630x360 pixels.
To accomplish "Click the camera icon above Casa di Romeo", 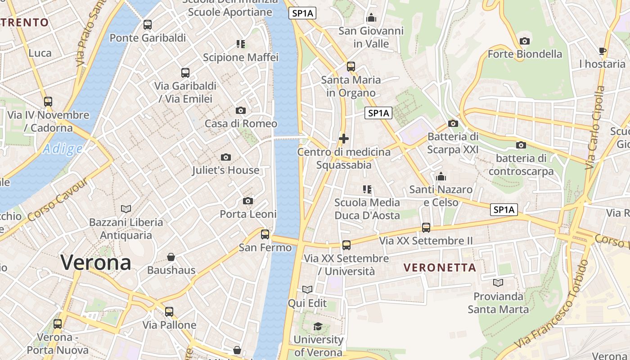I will tap(241, 111).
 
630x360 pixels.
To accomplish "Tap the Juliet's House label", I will tap(225, 170).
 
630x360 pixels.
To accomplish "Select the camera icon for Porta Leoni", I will tap(248, 201).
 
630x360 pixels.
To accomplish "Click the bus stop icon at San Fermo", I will tap(265, 234).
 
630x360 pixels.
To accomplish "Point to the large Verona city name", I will tap(96, 262).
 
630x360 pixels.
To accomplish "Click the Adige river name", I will tap(63, 149).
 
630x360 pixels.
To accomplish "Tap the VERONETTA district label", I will tap(439, 268).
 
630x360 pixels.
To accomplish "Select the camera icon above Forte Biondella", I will tap(525, 41).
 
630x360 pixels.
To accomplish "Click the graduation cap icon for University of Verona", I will tap(318, 326).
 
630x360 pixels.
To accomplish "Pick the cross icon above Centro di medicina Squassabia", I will tap(344, 139).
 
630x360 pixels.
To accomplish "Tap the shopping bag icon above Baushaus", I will tap(171, 257).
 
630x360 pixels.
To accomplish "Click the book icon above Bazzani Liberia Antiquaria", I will tap(126, 209).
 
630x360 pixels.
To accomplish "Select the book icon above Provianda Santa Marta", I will tap(498, 283).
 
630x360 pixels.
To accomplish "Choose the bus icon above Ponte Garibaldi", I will tap(148, 25).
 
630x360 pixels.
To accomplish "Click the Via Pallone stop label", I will tap(169, 325).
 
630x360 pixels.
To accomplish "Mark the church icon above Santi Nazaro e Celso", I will tap(441, 176).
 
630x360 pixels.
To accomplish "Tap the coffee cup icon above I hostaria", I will tap(602, 51).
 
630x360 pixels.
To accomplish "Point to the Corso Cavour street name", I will tap(58, 199).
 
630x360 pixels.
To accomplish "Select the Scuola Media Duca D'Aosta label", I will tap(367, 209).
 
